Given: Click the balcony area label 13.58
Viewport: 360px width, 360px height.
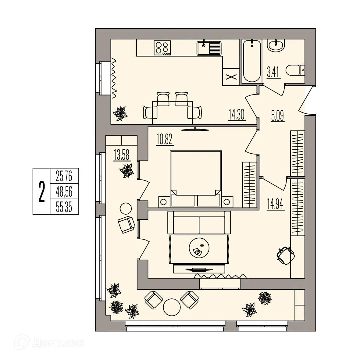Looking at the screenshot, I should pyautogui.click(x=122, y=155).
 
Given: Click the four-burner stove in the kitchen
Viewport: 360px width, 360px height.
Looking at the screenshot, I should pyautogui.click(x=162, y=48).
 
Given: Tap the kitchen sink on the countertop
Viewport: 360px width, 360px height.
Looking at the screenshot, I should pyautogui.click(x=209, y=48).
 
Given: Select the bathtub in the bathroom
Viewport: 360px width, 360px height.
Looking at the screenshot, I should pyautogui.click(x=252, y=61).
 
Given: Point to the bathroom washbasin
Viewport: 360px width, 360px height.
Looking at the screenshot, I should pyautogui.click(x=276, y=46).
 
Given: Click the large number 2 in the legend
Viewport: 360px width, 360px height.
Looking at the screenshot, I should pyautogui.click(x=41, y=191).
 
